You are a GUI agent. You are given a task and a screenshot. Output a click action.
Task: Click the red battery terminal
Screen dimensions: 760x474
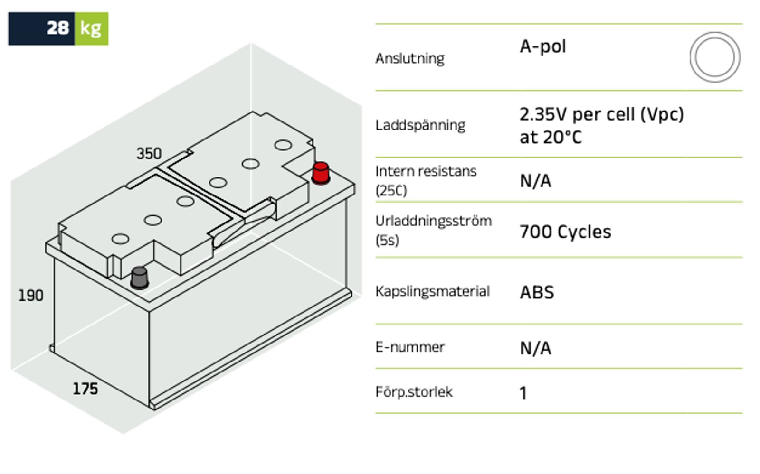[x=321, y=173]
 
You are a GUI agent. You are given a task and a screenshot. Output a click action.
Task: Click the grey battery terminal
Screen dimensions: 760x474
[x=140, y=278]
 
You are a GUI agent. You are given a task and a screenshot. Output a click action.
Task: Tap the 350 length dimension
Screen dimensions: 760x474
[x=149, y=153]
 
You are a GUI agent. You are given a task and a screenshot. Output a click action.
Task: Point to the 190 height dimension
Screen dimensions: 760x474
[x=31, y=296]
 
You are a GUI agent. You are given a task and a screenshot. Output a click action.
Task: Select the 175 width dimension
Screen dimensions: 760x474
[x=85, y=389]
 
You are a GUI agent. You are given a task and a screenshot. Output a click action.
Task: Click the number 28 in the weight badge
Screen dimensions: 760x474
[x=58, y=28]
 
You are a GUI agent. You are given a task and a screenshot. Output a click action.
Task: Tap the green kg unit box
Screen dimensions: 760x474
[x=91, y=29]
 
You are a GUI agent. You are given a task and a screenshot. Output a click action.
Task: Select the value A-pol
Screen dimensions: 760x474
[x=543, y=46]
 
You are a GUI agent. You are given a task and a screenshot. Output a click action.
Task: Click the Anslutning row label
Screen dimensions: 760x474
[x=410, y=58]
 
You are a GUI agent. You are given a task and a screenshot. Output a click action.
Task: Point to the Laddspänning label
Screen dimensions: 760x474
[x=420, y=125]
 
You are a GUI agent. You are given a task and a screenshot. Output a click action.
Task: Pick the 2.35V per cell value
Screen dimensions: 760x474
[x=601, y=125]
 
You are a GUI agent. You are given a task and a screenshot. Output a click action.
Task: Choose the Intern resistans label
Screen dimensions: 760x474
[x=426, y=181]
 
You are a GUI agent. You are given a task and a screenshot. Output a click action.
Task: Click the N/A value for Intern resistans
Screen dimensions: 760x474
[x=535, y=181]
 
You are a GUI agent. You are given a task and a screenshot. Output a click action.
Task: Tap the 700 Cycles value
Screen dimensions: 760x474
[x=565, y=232]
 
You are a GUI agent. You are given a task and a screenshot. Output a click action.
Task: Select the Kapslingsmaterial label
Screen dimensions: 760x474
[x=433, y=291]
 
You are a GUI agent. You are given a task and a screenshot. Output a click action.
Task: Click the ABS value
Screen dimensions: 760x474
[x=537, y=292]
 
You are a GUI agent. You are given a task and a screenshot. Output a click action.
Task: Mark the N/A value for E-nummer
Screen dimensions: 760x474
[x=535, y=348]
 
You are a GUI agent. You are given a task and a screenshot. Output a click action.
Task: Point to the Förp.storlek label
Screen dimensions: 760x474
[x=414, y=391]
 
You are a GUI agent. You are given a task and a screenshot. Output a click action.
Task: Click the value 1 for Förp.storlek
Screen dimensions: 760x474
[x=523, y=393]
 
